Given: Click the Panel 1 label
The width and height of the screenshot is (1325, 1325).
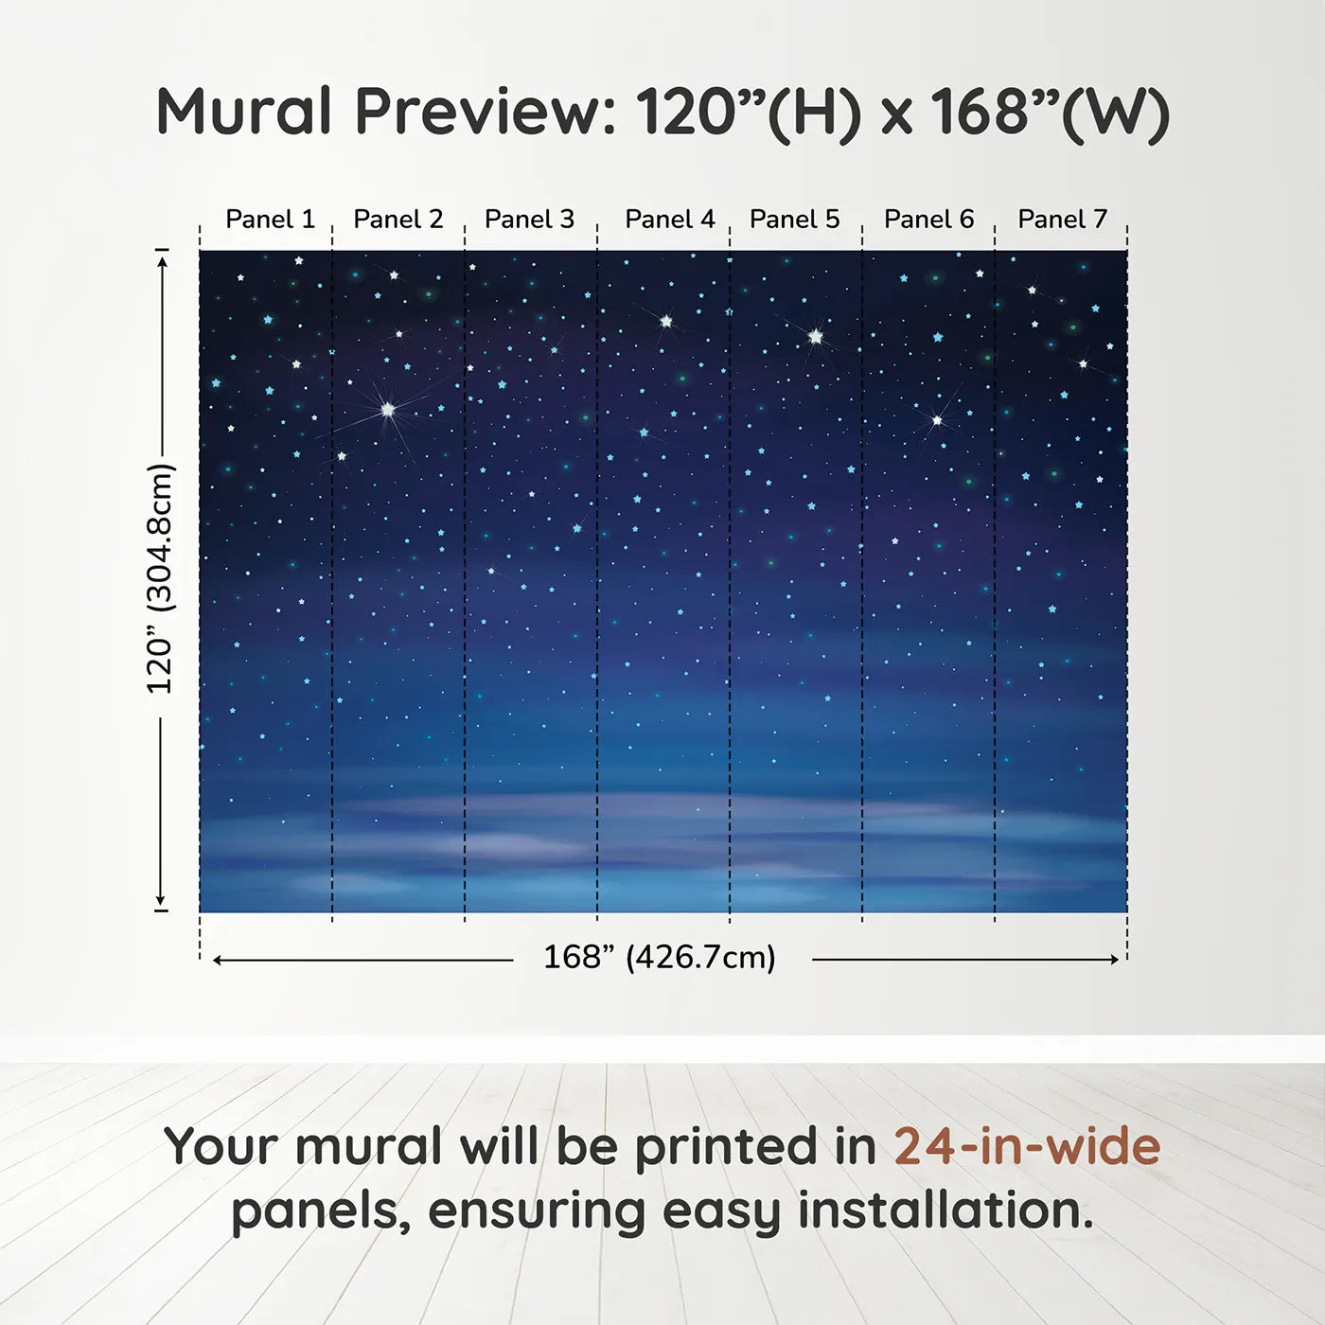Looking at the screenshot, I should [270, 220].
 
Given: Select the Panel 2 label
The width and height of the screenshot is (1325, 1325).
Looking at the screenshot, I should [397, 220].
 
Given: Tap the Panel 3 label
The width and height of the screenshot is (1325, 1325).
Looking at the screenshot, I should [529, 220].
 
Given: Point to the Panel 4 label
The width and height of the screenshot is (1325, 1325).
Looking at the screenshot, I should [669, 220].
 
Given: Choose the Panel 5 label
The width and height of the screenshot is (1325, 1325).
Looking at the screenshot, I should [794, 220].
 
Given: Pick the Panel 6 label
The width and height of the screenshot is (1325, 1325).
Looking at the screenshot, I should [928, 220].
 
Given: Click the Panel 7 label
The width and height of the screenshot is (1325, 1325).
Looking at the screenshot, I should [1062, 220].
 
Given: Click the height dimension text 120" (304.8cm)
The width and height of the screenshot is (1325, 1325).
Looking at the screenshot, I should [160, 579].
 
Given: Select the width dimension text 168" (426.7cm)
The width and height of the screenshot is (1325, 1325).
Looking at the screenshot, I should [659, 958].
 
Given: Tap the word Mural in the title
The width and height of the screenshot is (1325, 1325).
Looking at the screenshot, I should [244, 112].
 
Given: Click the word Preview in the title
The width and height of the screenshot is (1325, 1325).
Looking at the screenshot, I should [486, 112].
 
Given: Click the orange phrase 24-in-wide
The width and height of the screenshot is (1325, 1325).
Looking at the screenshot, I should [1027, 1147].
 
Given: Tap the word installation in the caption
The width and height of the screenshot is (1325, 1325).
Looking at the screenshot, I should [945, 1210].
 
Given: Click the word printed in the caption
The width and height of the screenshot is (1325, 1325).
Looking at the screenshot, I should [726, 1147].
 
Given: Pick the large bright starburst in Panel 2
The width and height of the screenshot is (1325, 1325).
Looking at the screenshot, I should [387, 409].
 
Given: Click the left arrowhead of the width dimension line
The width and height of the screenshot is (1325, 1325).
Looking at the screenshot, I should [218, 960].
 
